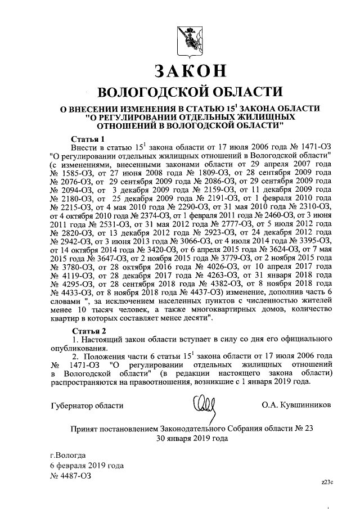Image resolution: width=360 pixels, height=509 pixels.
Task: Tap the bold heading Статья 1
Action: pos(88,138)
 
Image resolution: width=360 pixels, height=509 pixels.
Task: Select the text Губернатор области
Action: pos(87,404)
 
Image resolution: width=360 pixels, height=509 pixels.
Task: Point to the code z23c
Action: pos(327,482)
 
